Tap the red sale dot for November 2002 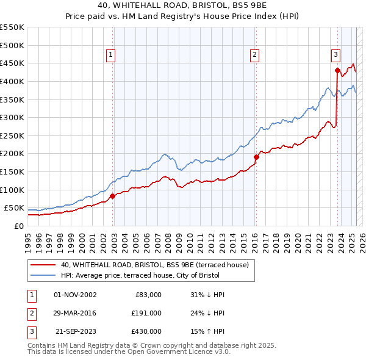coord(113,196)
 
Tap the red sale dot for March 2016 coord(256,157)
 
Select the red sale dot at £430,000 coord(337,70)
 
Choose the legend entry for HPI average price coord(143,275)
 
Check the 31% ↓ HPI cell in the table coord(208,295)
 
